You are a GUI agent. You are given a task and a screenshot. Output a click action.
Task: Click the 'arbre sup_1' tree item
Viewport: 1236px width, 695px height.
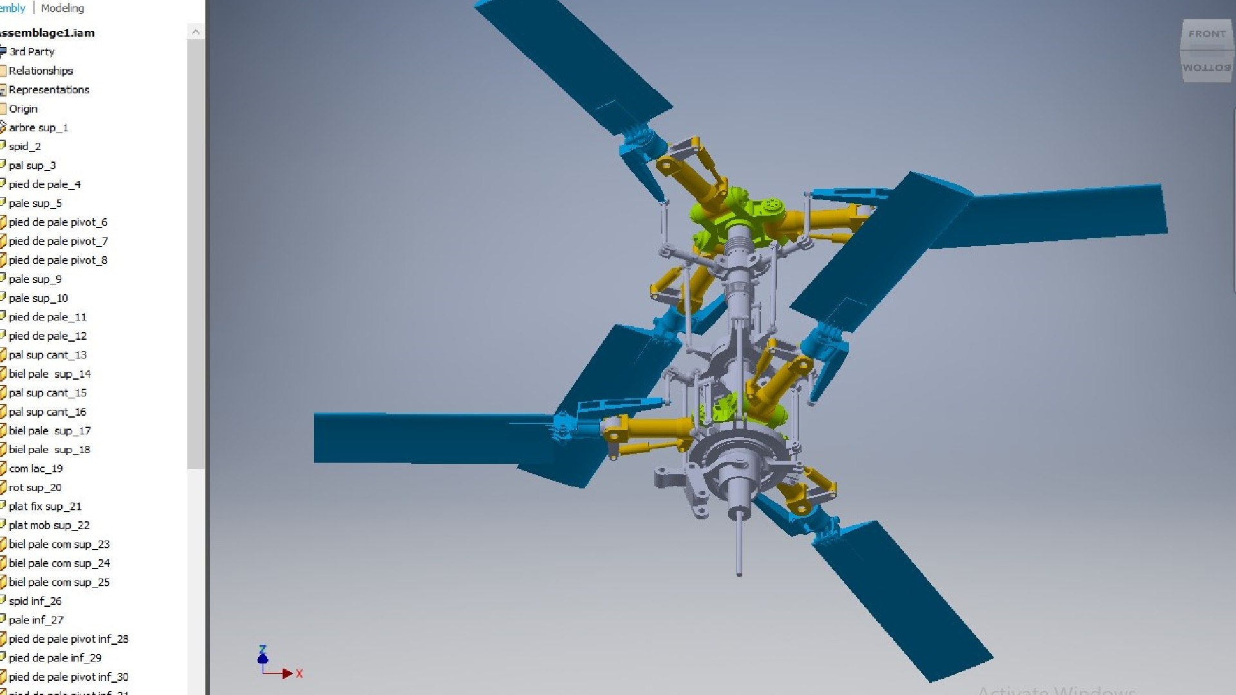click(x=38, y=127)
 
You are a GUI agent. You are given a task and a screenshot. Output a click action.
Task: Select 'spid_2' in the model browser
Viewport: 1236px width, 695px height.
click(x=24, y=146)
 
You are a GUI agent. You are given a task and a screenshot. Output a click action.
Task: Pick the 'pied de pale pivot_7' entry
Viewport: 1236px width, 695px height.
click(x=58, y=241)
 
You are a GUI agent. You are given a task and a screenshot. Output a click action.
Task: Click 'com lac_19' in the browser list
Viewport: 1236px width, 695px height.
click(x=35, y=468)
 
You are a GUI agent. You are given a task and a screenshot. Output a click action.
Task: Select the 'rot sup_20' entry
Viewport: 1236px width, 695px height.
click(x=35, y=487)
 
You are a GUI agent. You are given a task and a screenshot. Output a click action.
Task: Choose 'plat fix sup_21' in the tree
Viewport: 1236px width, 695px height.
click(x=45, y=506)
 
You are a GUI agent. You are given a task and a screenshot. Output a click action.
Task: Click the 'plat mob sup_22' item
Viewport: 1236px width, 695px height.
click(x=49, y=525)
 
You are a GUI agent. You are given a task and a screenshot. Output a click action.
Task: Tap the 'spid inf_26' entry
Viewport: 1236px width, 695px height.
click(x=35, y=601)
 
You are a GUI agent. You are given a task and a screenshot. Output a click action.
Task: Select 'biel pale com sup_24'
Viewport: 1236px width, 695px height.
click(x=59, y=563)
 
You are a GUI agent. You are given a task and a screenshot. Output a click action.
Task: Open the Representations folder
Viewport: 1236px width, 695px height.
click(x=48, y=89)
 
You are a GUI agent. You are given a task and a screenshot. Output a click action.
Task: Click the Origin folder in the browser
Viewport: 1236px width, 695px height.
click(x=23, y=109)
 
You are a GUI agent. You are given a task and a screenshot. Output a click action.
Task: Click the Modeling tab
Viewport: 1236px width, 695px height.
click(x=62, y=8)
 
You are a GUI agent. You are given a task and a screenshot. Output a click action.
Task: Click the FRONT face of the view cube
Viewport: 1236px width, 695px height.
click(x=1206, y=34)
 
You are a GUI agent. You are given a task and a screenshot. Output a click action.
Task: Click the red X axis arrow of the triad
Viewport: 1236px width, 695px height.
click(x=287, y=673)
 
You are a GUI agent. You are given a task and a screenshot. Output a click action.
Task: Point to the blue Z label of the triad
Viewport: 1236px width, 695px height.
click(x=263, y=649)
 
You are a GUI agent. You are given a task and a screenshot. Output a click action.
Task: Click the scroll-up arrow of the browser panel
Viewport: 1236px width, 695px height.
click(x=196, y=32)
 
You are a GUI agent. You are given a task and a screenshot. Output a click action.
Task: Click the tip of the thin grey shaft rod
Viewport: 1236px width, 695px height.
click(x=739, y=572)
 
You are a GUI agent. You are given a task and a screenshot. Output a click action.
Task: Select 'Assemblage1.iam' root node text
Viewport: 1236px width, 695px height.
click(x=46, y=33)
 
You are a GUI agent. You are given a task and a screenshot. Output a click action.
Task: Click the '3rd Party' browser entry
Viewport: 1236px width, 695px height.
click(x=32, y=51)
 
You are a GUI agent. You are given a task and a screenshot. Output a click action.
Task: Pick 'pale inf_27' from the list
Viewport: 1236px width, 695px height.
click(x=36, y=620)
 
